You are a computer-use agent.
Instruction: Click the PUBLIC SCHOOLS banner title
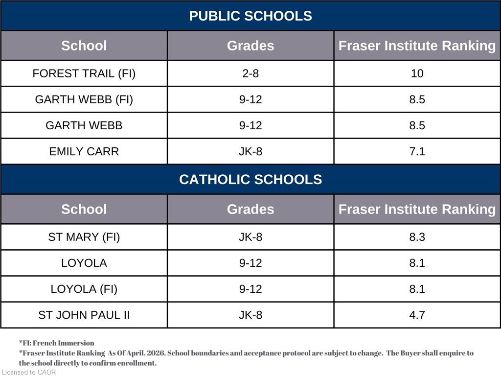[250, 16]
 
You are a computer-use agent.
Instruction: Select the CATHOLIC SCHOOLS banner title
[250, 179]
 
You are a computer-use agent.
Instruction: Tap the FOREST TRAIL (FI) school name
[84, 73]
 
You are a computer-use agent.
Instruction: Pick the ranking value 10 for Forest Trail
[417, 73]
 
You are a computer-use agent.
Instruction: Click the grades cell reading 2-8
[250, 73]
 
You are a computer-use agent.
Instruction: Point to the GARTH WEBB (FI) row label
[84, 99]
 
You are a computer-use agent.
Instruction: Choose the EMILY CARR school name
[84, 151]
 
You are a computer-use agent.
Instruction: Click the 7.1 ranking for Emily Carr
[417, 151]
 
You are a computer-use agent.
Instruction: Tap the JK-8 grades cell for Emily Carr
[250, 151]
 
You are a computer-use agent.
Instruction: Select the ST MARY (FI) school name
[84, 237]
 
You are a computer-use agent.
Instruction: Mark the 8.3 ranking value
[417, 237]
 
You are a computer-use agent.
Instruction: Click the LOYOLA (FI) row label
[84, 289]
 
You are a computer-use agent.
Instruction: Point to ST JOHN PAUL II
[84, 315]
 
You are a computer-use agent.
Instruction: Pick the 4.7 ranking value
[417, 315]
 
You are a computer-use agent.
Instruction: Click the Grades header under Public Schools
[250, 46]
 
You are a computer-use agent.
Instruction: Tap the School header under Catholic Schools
[84, 210]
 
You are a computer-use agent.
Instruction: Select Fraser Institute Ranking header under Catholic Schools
[417, 210]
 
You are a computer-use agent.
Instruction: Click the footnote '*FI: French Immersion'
[57, 343]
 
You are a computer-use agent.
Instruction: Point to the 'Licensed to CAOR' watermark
[29, 372]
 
